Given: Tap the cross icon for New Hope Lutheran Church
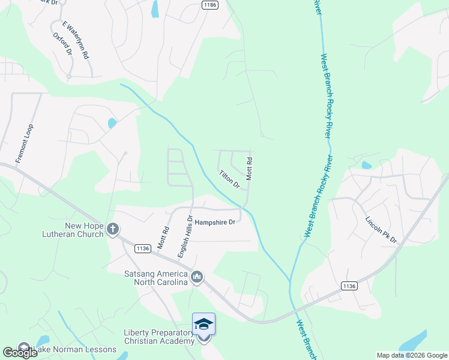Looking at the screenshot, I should point(112,229).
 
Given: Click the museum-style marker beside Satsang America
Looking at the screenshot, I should point(197,277).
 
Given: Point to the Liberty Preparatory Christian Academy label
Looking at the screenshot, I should point(159,337).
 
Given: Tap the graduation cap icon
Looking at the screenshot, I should point(203,324).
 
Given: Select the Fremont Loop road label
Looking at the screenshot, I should point(25,144).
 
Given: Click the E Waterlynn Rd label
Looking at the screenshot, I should point(76,40).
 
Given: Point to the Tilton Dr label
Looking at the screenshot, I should point(230,178).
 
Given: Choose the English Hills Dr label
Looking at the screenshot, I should point(184,237).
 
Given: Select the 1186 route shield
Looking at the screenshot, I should point(209,5).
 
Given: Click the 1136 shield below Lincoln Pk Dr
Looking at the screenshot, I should point(349,286).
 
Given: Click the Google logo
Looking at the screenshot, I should point(20,352).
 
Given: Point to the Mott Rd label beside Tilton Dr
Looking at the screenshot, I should point(249,169).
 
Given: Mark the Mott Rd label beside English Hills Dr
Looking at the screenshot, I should point(162,237).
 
